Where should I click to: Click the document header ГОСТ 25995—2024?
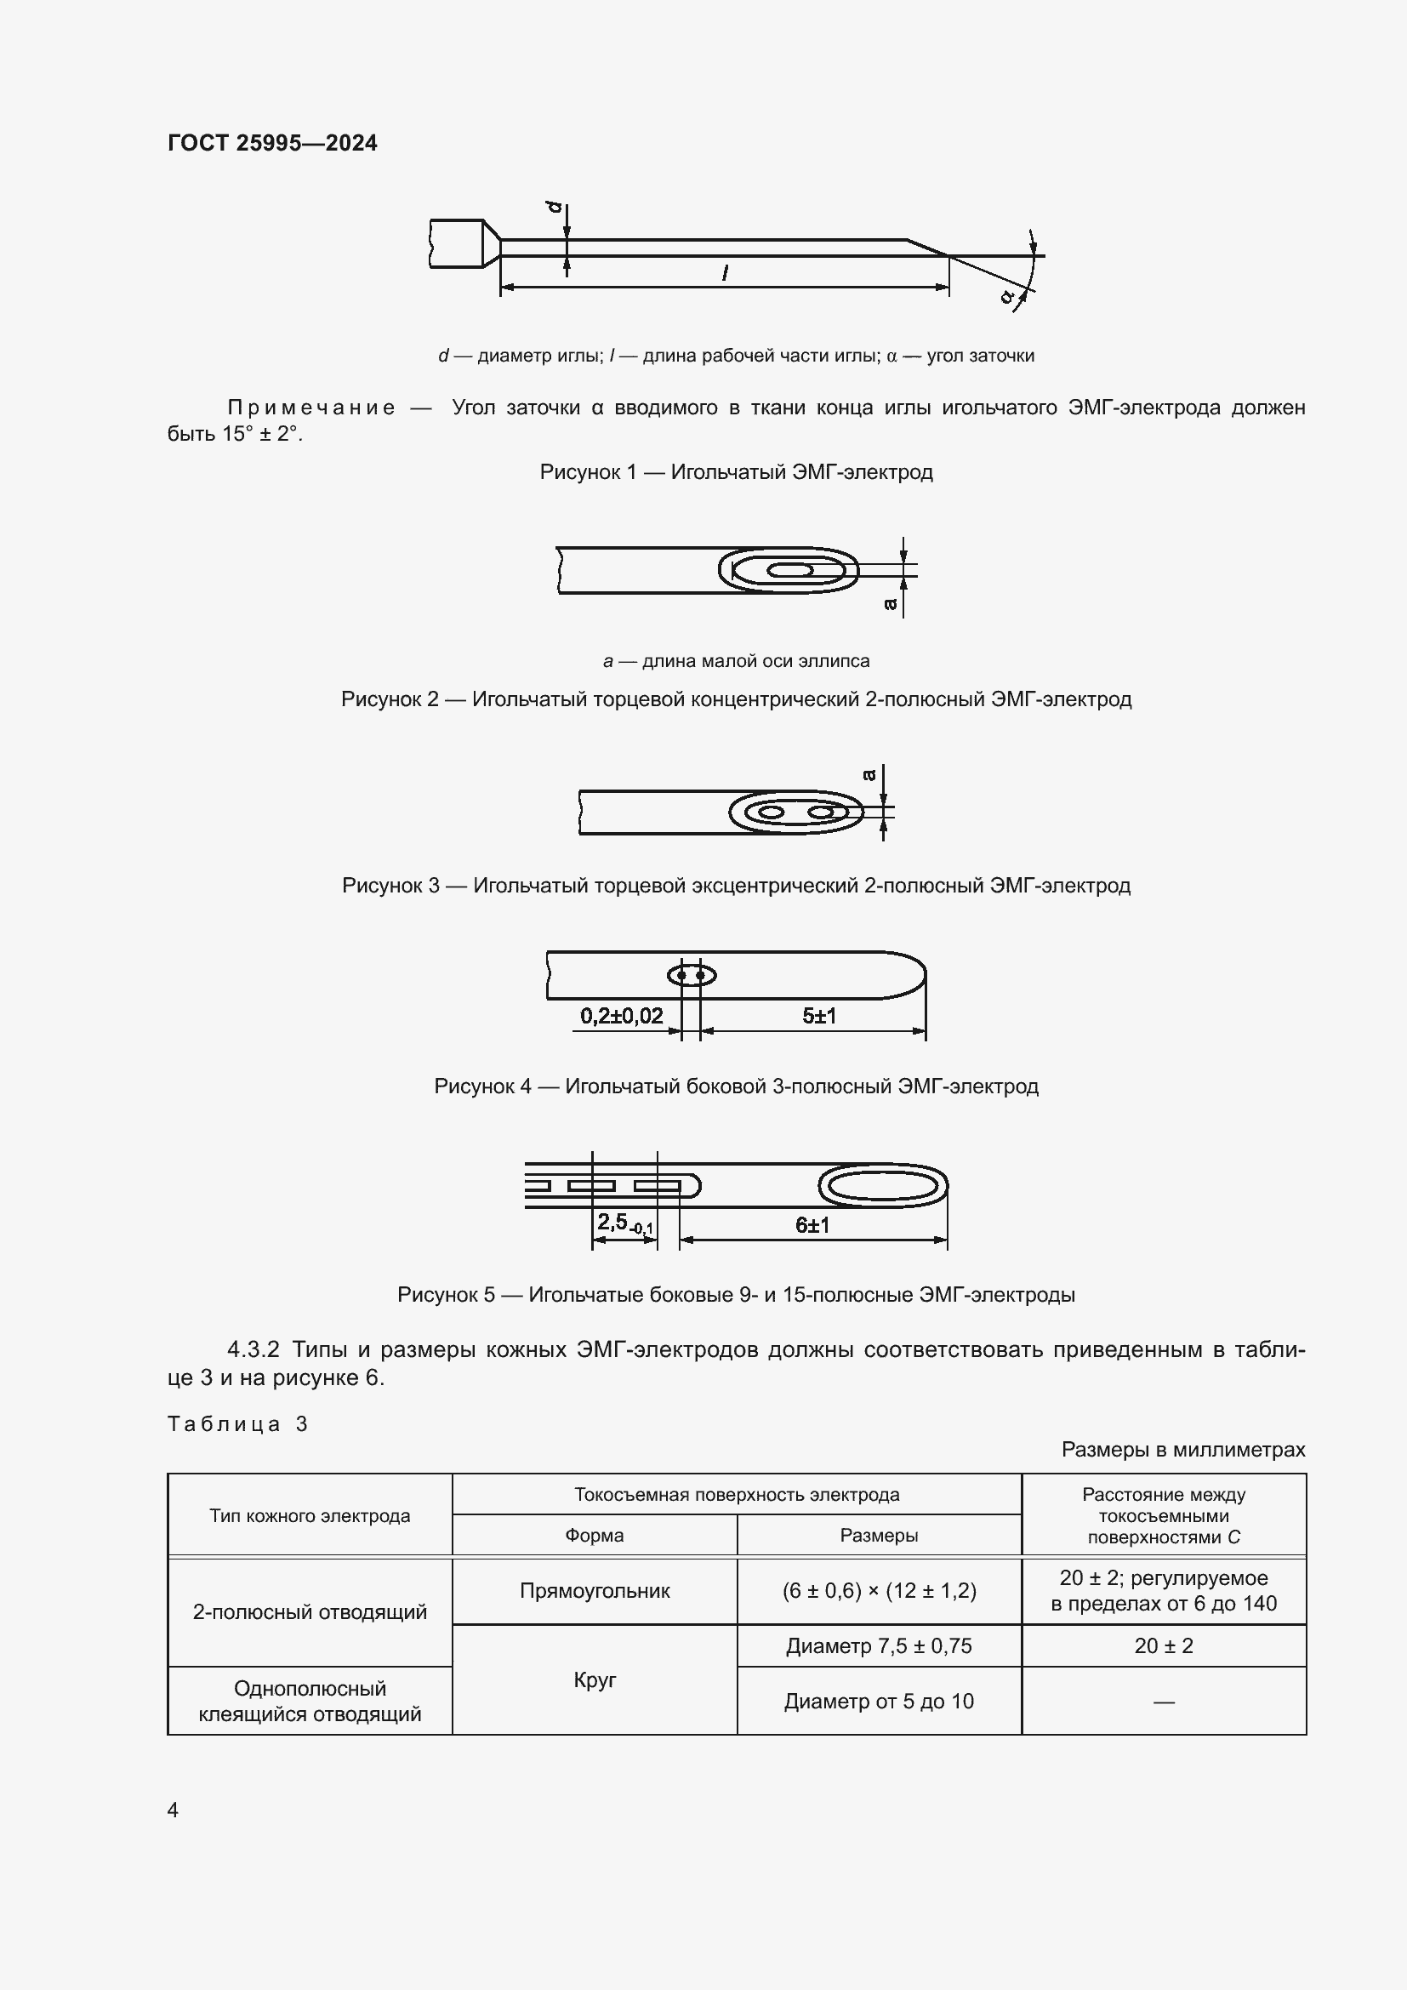(x=272, y=143)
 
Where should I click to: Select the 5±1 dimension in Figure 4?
(x=818, y=1015)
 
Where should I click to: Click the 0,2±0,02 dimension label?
(x=621, y=1015)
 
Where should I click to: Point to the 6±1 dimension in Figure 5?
(x=812, y=1224)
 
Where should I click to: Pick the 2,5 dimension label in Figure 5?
(x=624, y=1223)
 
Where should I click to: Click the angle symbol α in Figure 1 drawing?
(x=1006, y=296)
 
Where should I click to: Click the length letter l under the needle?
(x=724, y=274)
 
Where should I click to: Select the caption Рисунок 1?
(x=736, y=472)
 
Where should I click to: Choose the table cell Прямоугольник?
(x=595, y=1590)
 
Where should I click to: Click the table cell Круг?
(x=595, y=1679)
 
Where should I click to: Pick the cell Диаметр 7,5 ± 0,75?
(x=879, y=1645)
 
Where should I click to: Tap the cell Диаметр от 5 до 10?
(x=879, y=1701)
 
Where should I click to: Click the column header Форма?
(x=595, y=1535)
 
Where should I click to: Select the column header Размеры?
(x=879, y=1535)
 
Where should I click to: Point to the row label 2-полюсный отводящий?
(x=310, y=1611)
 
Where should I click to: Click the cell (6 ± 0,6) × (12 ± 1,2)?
(x=879, y=1590)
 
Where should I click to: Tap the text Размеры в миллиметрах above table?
(x=1182, y=1449)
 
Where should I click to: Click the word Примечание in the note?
(x=311, y=408)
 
